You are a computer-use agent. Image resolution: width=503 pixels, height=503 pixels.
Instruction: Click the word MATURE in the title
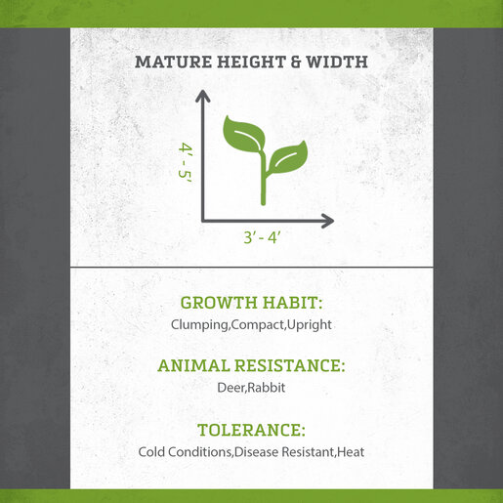(x=173, y=62)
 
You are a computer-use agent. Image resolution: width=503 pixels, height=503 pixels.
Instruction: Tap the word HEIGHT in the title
(x=252, y=62)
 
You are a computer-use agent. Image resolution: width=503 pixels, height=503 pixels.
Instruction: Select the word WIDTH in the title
(x=337, y=62)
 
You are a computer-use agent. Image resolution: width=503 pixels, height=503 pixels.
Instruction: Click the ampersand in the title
(x=296, y=62)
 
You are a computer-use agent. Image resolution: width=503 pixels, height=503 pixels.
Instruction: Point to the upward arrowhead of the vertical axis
(x=203, y=96)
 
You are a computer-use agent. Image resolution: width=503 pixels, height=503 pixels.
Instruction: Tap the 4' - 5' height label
(x=186, y=164)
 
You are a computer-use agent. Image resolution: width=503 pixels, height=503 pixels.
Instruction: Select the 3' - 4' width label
(x=262, y=237)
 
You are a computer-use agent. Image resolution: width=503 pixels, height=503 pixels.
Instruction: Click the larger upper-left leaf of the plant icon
(x=243, y=134)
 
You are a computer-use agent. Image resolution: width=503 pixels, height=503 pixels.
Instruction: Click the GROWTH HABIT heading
(x=251, y=303)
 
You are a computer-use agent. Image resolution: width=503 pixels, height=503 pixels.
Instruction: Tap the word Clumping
(x=199, y=325)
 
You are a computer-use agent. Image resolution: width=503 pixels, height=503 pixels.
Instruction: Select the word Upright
(x=310, y=325)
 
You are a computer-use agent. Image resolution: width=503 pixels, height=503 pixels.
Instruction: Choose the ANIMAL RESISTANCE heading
(x=251, y=365)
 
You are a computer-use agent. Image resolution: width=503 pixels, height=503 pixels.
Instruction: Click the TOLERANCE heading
(x=251, y=430)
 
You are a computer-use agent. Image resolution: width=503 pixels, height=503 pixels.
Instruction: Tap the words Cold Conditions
(x=185, y=452)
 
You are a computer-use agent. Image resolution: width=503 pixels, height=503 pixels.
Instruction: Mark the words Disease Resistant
(x=284, y=452)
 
